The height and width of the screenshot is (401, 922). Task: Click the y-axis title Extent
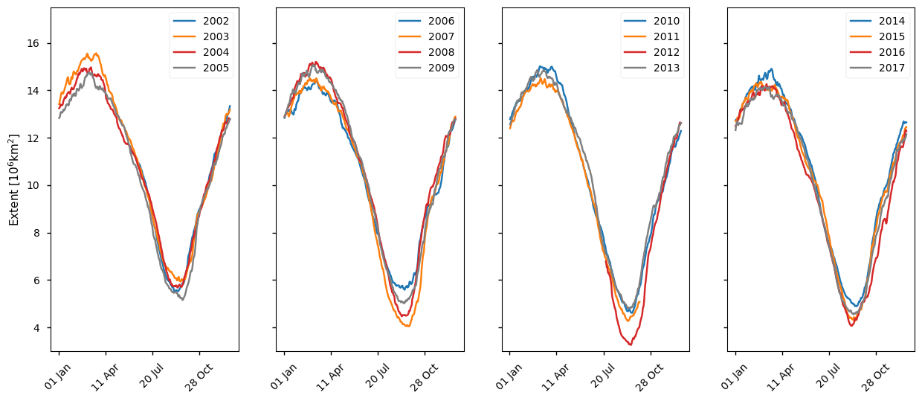pyautogui.click(x=13, y=179)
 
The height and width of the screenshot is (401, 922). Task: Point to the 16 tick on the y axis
pyautogui.click(x=34, y=43)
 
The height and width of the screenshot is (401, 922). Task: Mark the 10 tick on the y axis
pyautogui.click(x=34, y=185)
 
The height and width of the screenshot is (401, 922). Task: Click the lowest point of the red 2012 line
pyautogui.click(x=630, y=344)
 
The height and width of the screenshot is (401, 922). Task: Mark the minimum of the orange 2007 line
pyautogui.click(x=407, y=327)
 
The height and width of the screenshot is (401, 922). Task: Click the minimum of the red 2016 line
pyautogui.click(x=851, y=325)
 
